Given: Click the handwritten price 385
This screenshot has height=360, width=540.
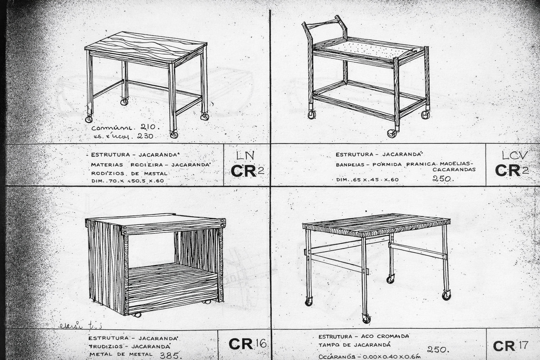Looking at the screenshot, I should [170, 355].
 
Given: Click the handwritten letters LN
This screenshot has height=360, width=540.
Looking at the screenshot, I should [245, 155].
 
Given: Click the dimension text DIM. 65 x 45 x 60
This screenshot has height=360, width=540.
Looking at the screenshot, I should [367, 180].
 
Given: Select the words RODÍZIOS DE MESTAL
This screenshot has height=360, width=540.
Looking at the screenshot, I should [129, 173].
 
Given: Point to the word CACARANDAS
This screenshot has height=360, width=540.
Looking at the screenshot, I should [454, 169].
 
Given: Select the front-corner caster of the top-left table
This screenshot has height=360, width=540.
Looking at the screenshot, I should [174, 134].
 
